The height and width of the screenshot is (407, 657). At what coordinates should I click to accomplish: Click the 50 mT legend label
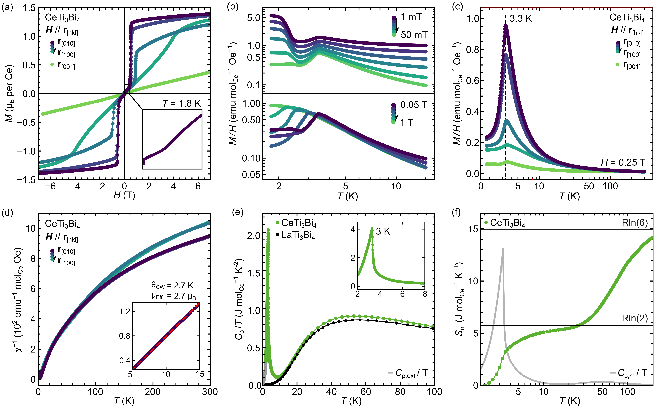(x=414, y=35)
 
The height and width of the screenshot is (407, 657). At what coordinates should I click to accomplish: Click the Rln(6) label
(x=635, y=223)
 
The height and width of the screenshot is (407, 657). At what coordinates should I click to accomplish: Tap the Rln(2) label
(x=635, y=318)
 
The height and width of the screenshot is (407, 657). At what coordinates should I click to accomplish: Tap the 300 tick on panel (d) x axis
(x=210, y=392)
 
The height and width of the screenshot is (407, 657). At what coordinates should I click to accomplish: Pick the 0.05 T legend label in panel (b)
(x=413, y=105)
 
